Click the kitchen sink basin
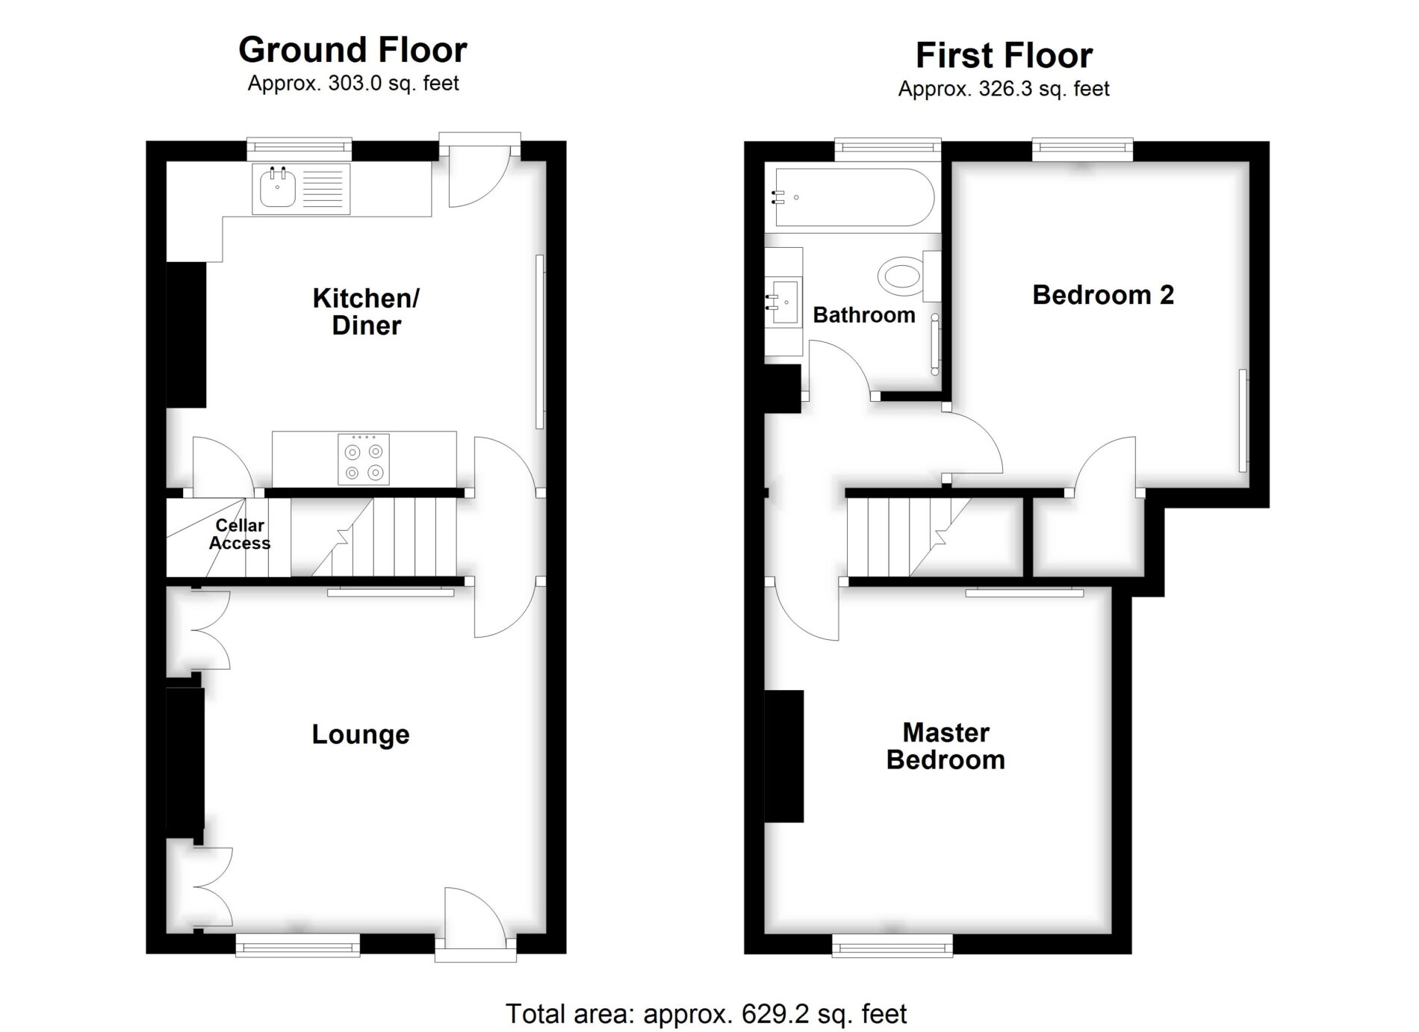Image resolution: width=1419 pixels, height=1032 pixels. (x=278, y=188)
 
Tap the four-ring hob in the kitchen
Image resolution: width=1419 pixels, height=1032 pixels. (x=364, y=459)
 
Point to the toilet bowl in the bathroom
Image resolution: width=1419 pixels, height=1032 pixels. (x=901, y=276)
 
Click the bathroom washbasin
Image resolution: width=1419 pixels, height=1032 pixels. (x=785, y=302)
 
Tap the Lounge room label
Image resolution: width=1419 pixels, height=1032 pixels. (x=361, y=735)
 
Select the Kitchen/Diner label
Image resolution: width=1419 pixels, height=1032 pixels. (x=366, y=311)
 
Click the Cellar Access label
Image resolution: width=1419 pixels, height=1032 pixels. (x=240, y=534)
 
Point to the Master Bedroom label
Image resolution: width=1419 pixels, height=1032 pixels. (x=946, y=746)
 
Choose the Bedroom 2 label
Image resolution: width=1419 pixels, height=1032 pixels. (x=1103, y=295)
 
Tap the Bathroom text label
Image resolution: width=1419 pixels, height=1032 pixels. (x=864, y=315)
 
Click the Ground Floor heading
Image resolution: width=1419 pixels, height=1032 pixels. (x=353, y=50)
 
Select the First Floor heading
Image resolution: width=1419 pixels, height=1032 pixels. (x=1004, y=55)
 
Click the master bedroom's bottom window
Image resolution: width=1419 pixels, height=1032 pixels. (x=892, y=945)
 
